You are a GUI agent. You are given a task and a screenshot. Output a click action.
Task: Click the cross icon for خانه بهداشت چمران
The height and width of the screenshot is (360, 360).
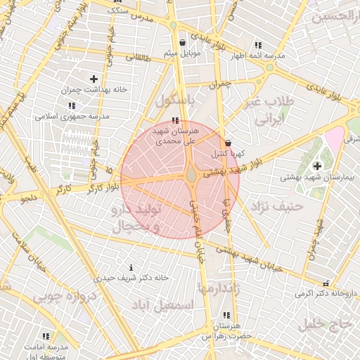(94, 79)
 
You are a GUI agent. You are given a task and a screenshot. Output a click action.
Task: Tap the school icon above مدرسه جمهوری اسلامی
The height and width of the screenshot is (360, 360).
(71, 105)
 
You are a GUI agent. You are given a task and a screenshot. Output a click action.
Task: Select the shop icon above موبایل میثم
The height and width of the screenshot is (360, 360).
(183, 41)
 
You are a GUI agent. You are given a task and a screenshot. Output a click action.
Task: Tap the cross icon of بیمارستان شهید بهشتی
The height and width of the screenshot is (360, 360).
(317, 166)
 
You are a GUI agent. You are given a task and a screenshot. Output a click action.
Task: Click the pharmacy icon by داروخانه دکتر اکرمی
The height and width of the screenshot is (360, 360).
(326, 283)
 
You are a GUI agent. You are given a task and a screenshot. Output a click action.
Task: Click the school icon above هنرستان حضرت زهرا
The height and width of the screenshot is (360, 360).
(226, 316)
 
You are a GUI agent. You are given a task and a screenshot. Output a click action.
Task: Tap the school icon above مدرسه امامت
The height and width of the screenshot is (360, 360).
(46, 337)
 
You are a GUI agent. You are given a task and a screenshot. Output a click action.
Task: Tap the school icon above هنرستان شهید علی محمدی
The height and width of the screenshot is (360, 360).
(174, 120)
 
